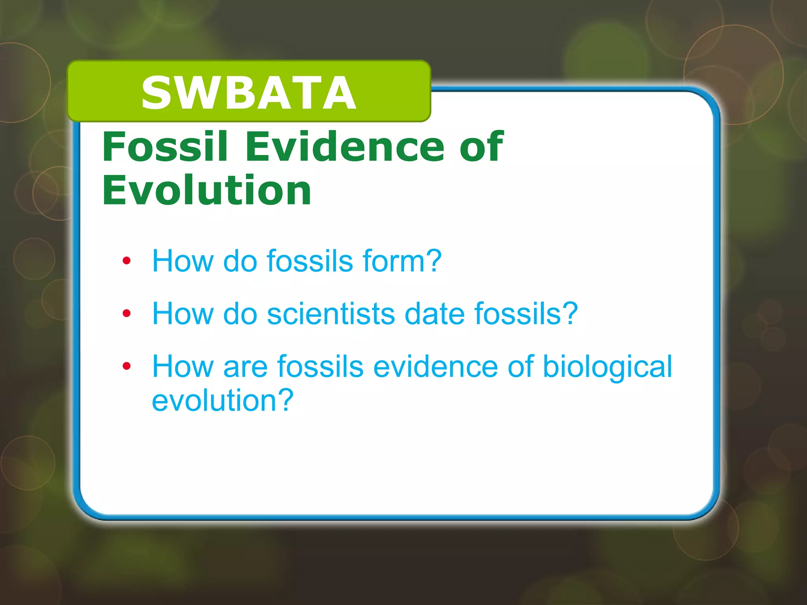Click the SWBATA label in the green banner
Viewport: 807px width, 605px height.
coord(249,93)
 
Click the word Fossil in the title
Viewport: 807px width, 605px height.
coord(165,147)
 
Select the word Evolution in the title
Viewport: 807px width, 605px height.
coord(206,191)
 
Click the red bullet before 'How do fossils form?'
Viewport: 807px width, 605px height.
coord(126,261)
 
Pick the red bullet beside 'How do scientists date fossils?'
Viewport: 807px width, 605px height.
coord(126,314)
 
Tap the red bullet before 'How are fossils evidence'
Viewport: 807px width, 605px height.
coord(126,366)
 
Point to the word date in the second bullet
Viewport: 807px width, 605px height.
coord(435,314)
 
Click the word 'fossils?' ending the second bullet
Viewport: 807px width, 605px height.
coord(526,314)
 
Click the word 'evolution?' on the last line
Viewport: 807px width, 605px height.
coord(223,400)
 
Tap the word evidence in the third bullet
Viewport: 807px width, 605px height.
coord(435,366)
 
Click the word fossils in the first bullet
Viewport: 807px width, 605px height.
coord(310,261)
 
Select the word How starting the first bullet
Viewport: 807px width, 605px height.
coord(182,261)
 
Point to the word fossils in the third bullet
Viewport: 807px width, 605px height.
coord(320,366)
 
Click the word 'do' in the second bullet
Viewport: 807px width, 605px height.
coord(240,314)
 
